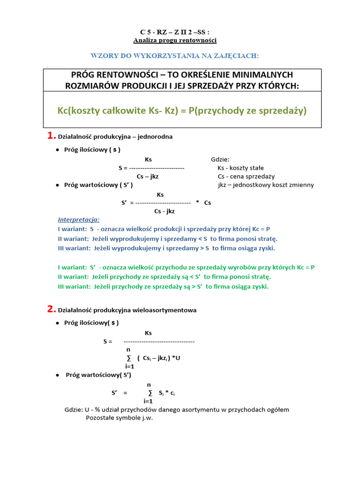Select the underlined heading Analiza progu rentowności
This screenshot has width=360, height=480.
(x=175, y=40)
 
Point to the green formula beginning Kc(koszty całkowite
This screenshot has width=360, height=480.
(x=182, y=111)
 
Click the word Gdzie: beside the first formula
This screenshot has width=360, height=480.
(x=220, y=159)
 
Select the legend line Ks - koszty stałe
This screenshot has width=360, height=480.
(x=240, y=168)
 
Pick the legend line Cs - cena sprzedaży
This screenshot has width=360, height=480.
(x=246, y=177)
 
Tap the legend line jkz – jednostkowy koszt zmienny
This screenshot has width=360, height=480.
(x=266, y=185)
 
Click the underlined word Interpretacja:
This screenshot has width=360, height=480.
(x=79, y=219)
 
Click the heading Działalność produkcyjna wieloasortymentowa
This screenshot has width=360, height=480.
(x=127, y=310)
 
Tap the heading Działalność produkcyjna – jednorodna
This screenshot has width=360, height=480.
(x=115, y=137)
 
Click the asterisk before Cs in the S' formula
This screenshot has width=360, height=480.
(x=197, y=202)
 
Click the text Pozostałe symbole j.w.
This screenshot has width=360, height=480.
(x=119, y=418)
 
